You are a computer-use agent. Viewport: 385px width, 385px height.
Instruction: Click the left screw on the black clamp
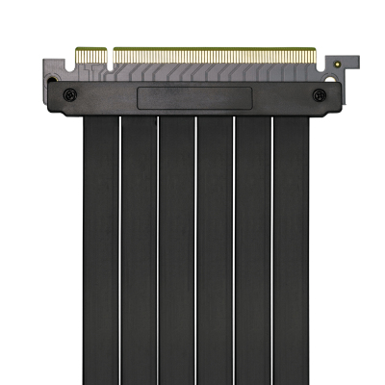pos(70,95)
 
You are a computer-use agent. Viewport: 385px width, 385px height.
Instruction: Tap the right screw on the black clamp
pos(319,95)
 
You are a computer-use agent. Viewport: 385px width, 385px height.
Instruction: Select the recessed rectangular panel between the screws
pos(194,97)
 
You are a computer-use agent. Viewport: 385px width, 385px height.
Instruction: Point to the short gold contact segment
pos(90,55)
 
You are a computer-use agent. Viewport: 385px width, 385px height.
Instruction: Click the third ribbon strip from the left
pos(176,250)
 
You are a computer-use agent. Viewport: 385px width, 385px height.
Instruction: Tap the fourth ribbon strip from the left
pos(214,250)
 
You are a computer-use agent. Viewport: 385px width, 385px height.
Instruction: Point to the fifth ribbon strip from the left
pos(252,250)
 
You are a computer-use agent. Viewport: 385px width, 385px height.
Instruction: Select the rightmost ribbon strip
pos(291,250)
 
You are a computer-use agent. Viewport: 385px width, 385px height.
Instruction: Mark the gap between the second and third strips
pos(157,250)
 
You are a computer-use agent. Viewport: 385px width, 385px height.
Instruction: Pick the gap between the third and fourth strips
pos(195,250)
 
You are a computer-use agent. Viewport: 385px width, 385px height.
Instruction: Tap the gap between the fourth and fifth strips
pos(233,250)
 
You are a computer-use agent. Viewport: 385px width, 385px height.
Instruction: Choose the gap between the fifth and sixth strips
pos(271,250)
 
